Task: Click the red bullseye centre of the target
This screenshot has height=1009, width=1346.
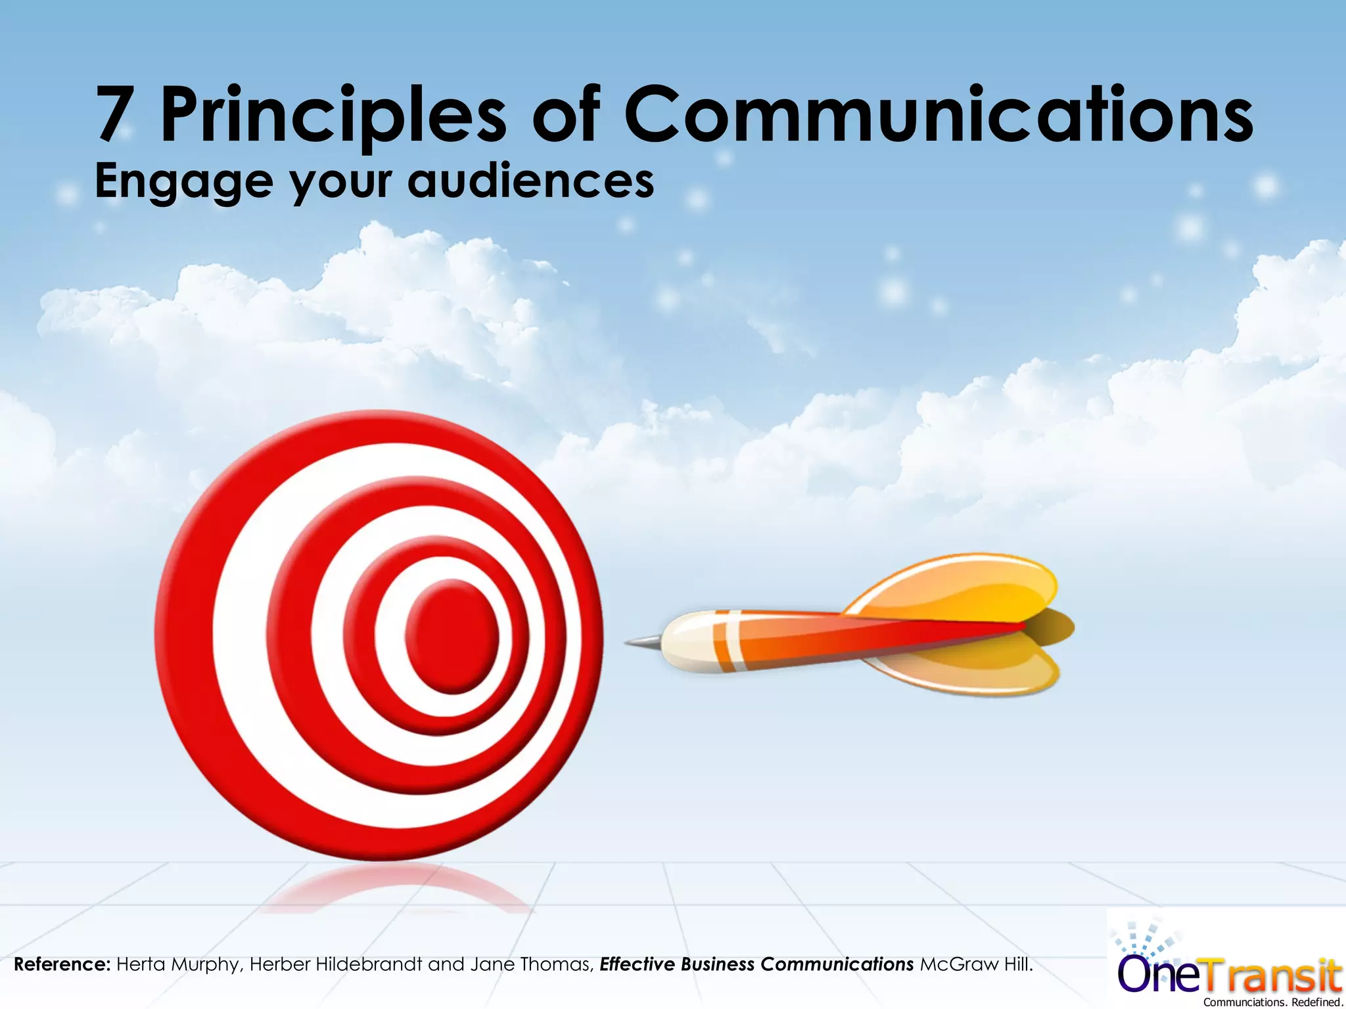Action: point(452,636)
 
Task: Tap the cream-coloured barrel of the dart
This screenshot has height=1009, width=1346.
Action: point(687,642)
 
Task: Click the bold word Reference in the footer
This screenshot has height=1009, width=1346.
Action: point(62,964)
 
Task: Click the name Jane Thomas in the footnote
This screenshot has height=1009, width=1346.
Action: point(532,964)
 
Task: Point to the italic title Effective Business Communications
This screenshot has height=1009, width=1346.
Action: point(756,964)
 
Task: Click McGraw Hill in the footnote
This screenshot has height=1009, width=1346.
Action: point(975,964)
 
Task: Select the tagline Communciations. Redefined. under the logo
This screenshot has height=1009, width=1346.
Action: point(1272,1002)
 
